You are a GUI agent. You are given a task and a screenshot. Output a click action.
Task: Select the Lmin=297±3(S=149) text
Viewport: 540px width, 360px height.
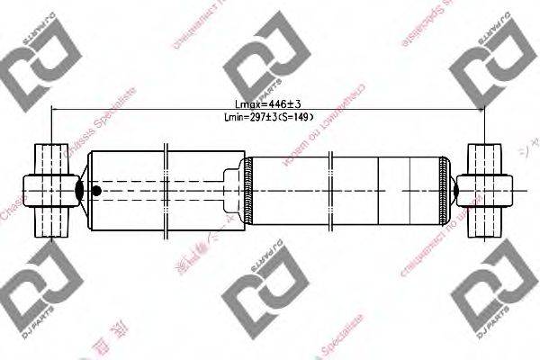(266, 117)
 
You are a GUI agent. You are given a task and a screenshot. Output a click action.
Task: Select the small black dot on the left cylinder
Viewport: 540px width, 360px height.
(96, 190)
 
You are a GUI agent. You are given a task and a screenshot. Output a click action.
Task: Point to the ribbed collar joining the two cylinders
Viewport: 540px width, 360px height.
(247, 190)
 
